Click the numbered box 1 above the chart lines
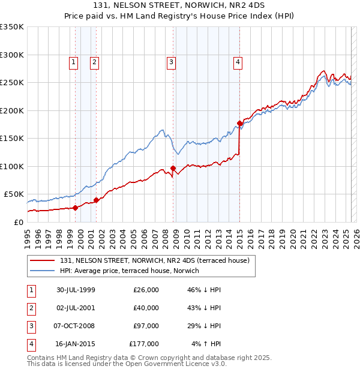tap(73, 61)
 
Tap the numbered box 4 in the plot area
tap(238, 61)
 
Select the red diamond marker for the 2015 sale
tap(239, 124)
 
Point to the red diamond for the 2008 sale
tap(173, 168)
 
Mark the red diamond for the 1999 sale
tap(76, 208)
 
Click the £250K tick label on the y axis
tap(12, 82)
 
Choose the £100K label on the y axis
tap(12, 166)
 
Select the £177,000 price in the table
tap(144, 344)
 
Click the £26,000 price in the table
tap(146, 290)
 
